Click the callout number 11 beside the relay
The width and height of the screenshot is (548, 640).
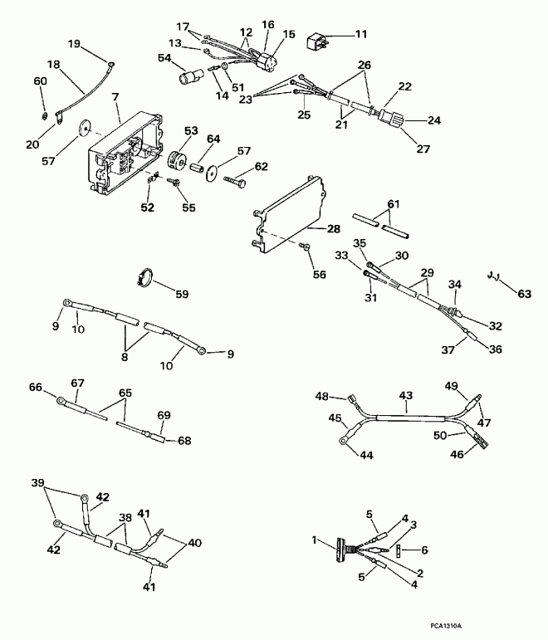(x=360, y=34)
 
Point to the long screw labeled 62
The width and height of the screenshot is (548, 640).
(x=234, y=177)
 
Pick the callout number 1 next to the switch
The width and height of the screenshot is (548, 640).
(x=314, y=540)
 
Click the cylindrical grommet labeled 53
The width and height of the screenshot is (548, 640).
(x=177, y=160)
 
